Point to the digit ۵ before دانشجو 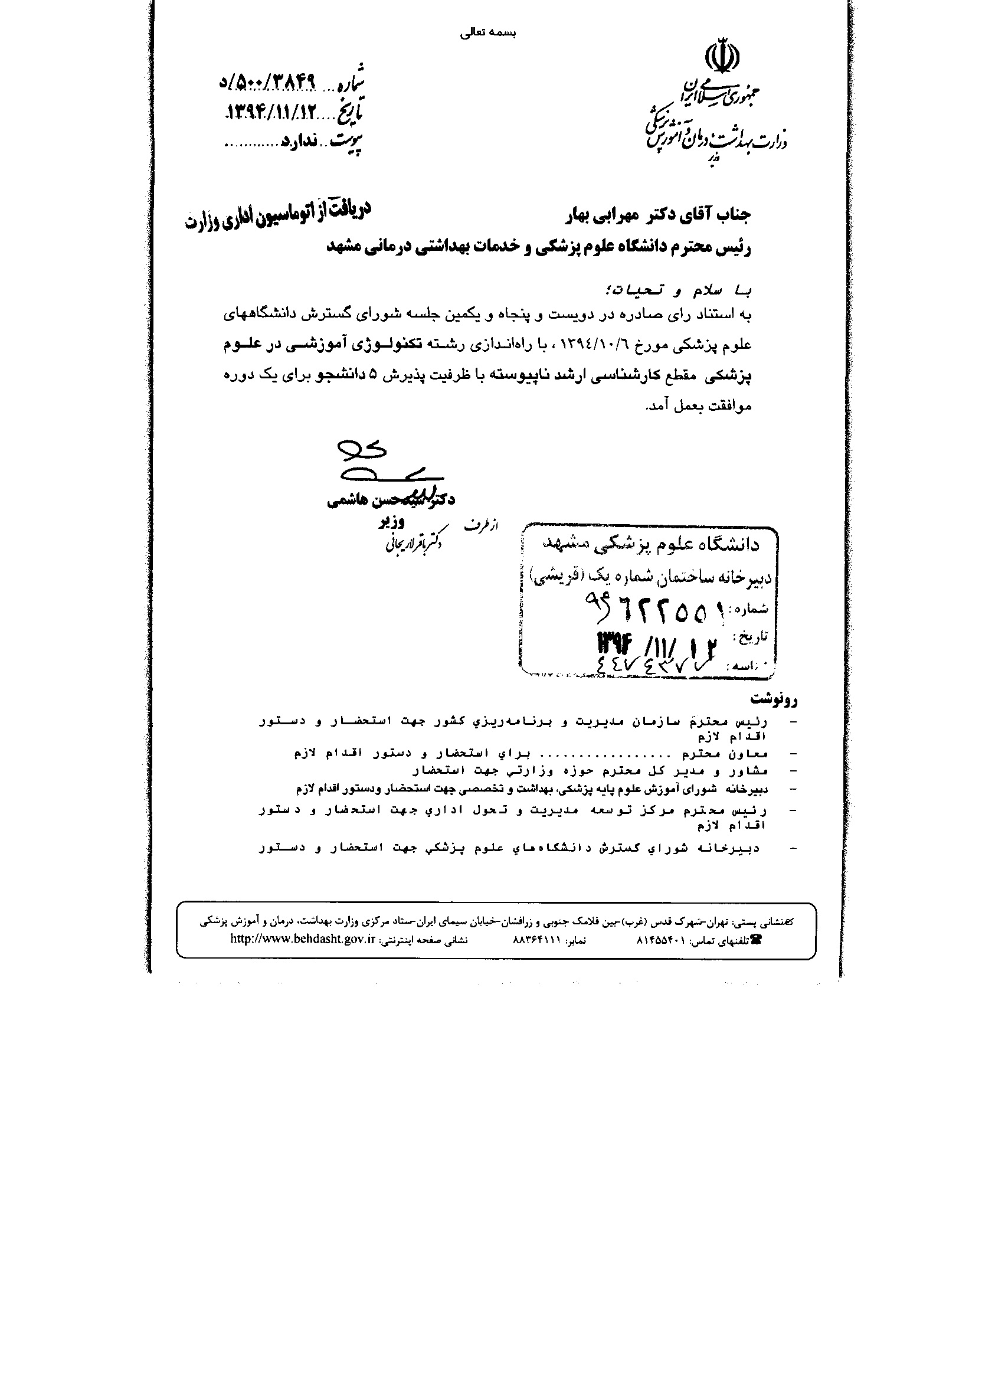[x=372, y=375]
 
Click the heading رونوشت [x=774, y=699]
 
